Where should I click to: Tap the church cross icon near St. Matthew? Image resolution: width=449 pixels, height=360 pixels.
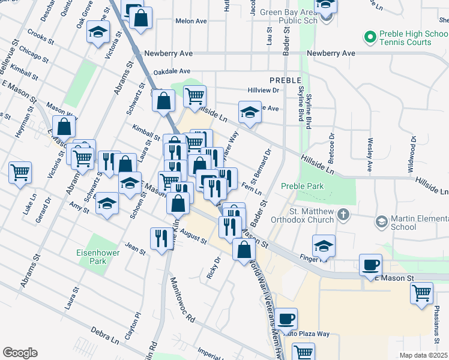[343, 214]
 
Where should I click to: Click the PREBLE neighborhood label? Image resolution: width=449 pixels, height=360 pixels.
[285, 80]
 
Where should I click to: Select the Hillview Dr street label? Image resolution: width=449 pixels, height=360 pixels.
[264, 91]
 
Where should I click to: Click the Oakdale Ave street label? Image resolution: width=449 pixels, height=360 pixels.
[172, 71]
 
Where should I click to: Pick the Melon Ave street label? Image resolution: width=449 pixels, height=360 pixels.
[191, 21]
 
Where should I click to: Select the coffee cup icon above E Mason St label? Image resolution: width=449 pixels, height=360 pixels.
[370, 265]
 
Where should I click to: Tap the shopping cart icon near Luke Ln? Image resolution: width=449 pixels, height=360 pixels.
[20, 172]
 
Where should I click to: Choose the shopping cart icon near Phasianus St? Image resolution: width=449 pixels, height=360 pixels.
[422, 293]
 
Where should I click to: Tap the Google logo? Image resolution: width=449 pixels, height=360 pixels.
[20, 352]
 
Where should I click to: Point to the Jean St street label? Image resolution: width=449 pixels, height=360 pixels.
[135, 248]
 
